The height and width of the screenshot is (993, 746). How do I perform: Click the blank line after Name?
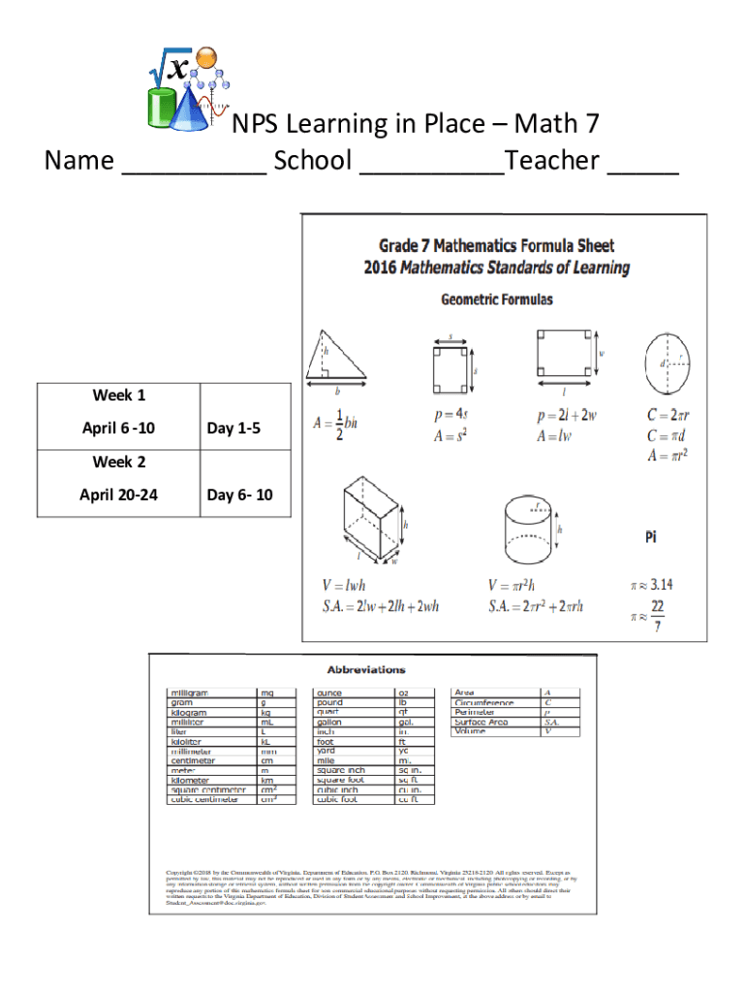194,165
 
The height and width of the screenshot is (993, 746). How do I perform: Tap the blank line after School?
432,165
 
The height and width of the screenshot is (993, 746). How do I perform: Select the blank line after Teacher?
643,165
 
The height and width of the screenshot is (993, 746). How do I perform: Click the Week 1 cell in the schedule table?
119,396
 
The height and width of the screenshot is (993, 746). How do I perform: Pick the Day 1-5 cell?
233,429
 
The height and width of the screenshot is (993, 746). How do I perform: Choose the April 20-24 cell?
119,496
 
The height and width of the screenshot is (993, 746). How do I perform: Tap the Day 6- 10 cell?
240,496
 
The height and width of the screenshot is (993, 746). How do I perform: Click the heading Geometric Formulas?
497,300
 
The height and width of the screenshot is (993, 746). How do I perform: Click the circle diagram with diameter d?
669,362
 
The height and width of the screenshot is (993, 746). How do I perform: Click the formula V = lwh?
344,586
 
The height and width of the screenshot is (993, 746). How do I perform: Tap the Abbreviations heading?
366,669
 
